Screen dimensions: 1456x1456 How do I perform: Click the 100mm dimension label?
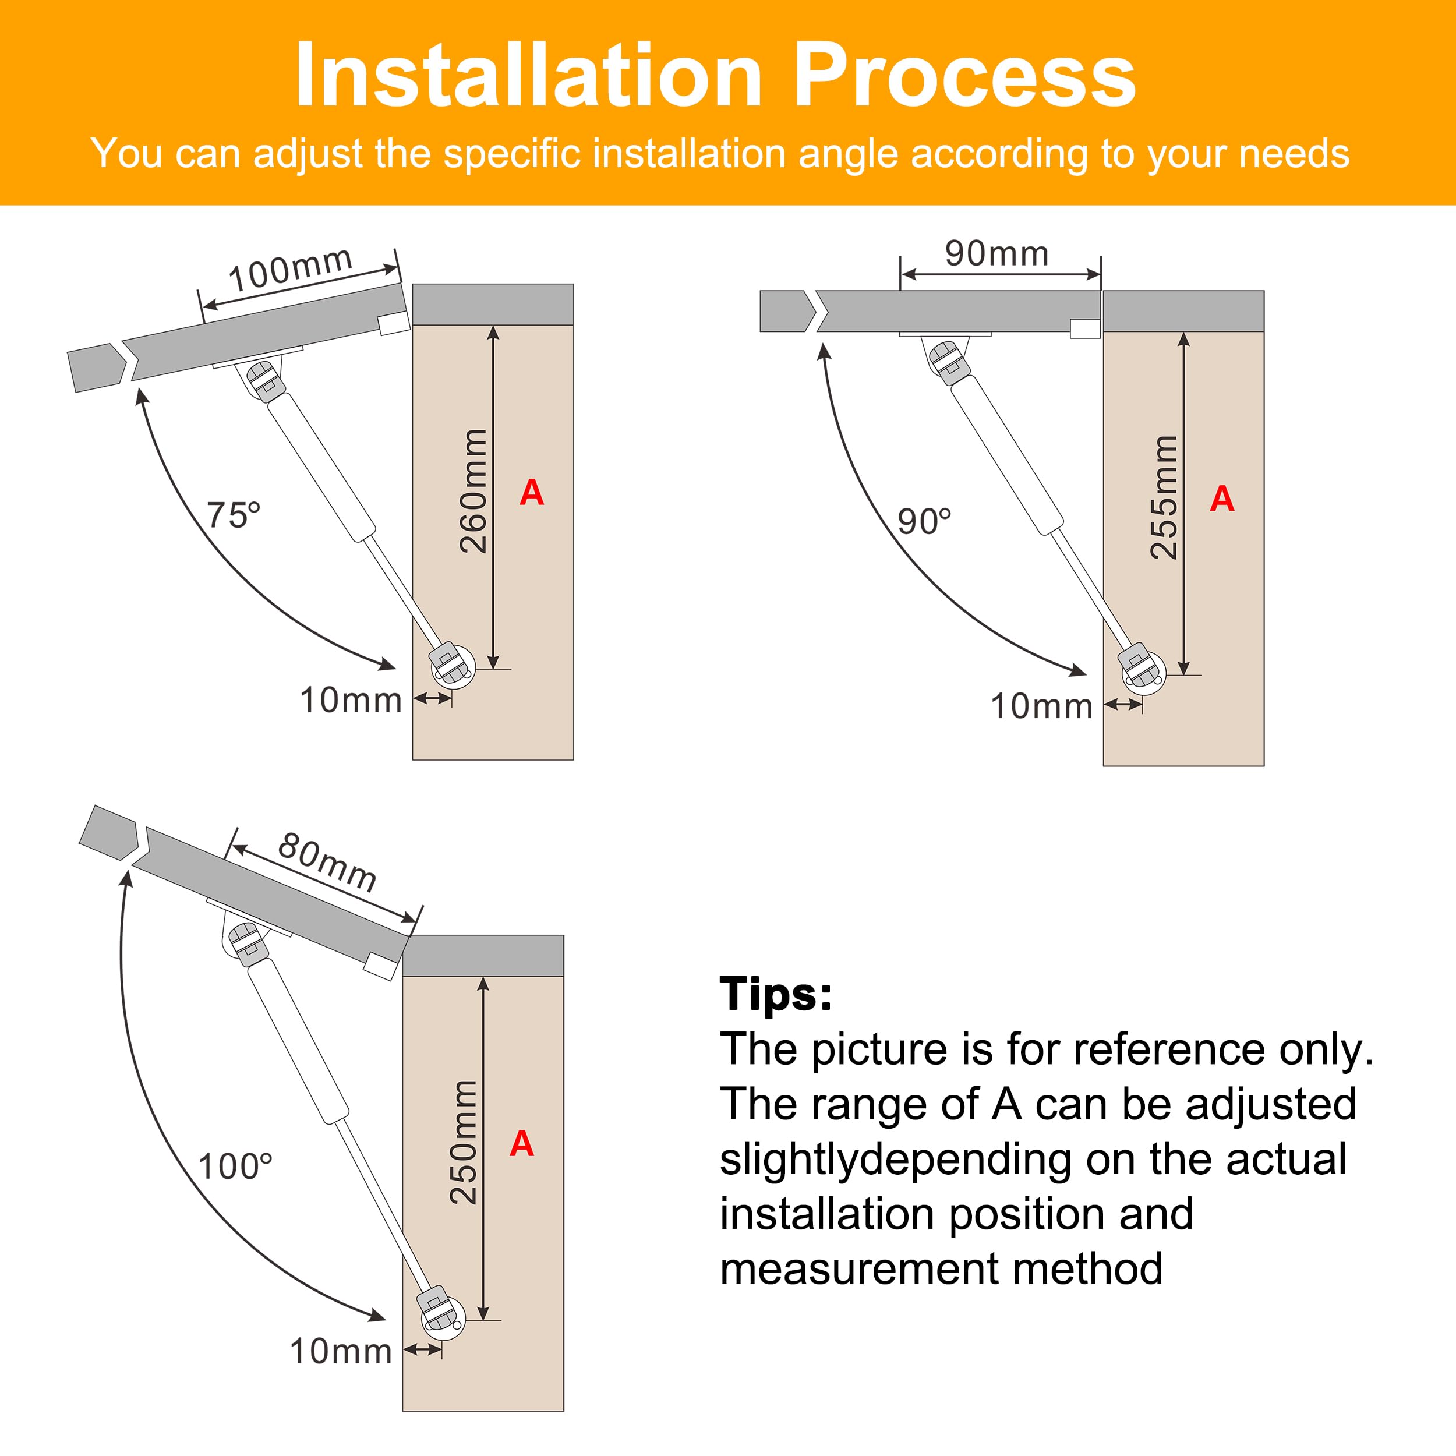pyautogui.click(x=290, y=269)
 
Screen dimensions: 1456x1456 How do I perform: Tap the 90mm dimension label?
pyautogui.click(x=997, y=253)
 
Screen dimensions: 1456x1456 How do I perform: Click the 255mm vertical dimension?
pyautogui.click(x=1164, y=497)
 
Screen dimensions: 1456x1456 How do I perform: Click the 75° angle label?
pyautogui.click(x=234, y=515)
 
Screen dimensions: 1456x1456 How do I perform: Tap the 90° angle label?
pyautogui.click(x=924, y=521)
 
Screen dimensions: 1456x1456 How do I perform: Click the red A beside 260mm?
pyautogui.click(x=532, y=493)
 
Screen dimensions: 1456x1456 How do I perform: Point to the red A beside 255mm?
pyautogui.click(x=1222, y=499)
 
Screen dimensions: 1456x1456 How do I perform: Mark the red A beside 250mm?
pyautogui.click(x=521, y=1144)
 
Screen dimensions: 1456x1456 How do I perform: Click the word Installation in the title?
pyautogui.click(x=529, y=75)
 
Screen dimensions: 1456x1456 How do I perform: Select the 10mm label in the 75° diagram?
pyautogui.click(x=351, y=700)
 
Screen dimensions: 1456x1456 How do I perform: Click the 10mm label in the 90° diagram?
pyautogui.click(x=1041, y=706)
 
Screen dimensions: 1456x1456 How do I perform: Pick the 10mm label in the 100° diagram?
pyautogui.click(x=341, y=1351)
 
